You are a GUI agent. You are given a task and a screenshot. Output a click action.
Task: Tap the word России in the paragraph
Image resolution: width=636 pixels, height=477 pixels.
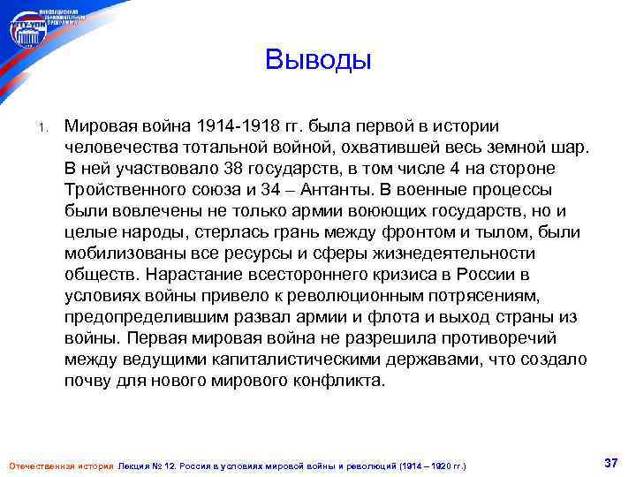tap(502, 275)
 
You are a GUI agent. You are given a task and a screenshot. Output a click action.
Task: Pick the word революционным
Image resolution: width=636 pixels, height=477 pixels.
tap(366, 296)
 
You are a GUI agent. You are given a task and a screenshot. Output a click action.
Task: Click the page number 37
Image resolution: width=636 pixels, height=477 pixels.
tap(609, 462)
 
